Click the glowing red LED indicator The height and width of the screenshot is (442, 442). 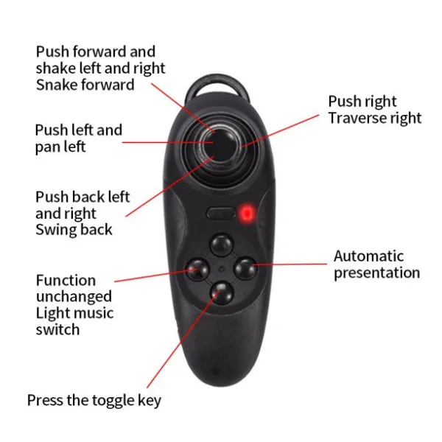tap(248, 214)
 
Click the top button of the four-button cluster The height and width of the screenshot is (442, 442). tap(220, 244)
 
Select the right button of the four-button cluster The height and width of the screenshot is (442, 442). tap(245, 267)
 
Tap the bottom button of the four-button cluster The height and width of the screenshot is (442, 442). tap(220, 292)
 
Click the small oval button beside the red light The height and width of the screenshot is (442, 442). tap(222, 214)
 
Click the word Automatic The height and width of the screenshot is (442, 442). tap(368, 256)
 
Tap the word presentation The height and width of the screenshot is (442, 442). tap(376, 273)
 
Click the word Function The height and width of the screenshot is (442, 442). tap(66, 280)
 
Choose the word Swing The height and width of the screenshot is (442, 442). tap(55, 229)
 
